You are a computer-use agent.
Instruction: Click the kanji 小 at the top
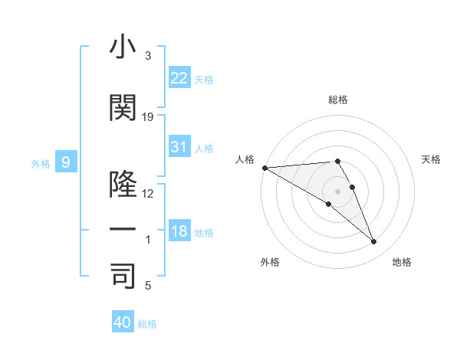(x=123, y=47)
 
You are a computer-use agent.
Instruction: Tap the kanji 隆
(x=123, y=185)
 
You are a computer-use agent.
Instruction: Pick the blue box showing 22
(x=179, y=78)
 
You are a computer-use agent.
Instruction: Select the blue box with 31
(x=179, y=147)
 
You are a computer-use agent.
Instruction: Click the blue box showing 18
(x=179, y=231)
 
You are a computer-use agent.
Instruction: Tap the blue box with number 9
(x=67, y=162)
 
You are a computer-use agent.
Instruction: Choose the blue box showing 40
(x=123, y=322)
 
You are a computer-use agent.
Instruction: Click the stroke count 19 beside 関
(x=148, y=117)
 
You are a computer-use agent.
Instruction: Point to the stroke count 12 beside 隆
(x=148, y=194)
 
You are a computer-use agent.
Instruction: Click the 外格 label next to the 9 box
(x=40, y=163)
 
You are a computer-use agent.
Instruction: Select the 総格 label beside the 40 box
(x=147, y=324)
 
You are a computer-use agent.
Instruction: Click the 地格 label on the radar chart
(x=402, y=262)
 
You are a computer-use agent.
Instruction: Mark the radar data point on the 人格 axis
(x=264, y=168)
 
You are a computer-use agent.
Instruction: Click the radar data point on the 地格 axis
(x=373, y=242)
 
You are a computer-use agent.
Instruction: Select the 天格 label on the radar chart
(x=432, y=159)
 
